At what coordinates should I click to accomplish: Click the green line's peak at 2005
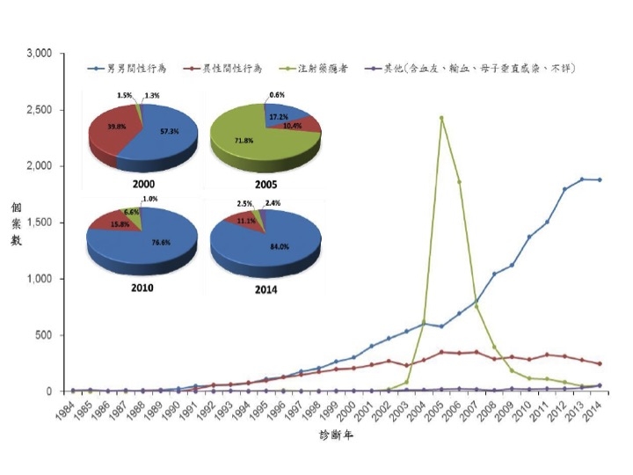(441, 118)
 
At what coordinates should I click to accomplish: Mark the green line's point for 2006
(459, 182)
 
